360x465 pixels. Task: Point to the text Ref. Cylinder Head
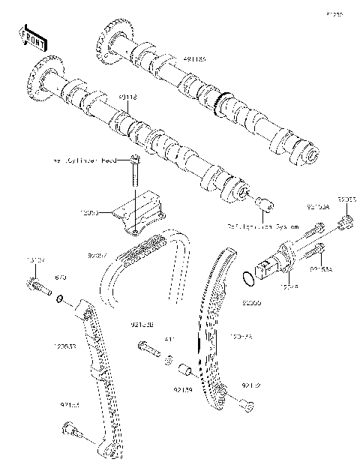click(87, 160)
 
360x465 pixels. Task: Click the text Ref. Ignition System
click(263, 225)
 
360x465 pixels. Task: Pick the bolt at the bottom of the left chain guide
click(72, 429)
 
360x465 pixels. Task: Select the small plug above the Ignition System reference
click(265, 204)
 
